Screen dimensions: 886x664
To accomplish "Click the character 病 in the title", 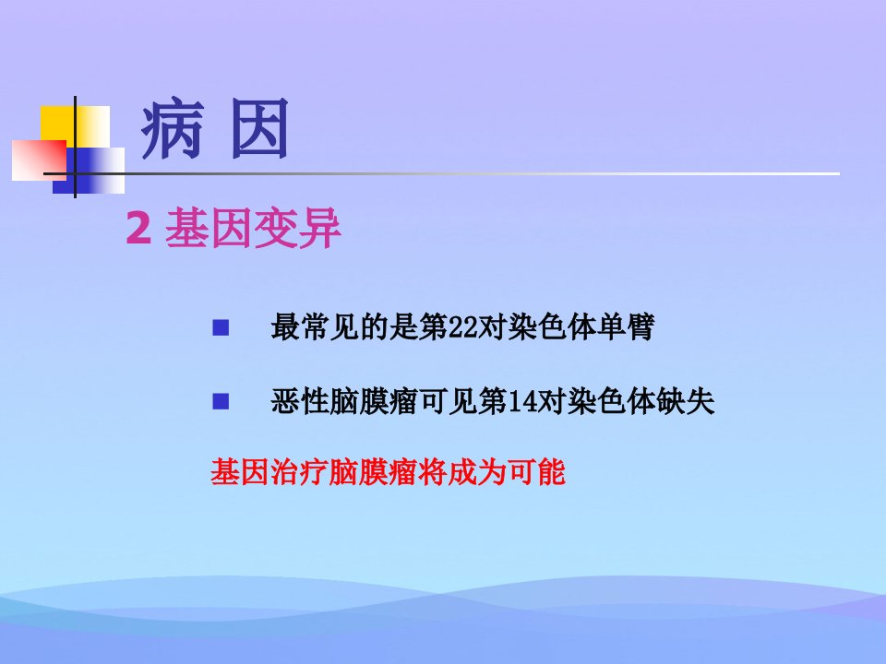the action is [x=173, y=128].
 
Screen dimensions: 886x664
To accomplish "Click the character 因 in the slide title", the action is [x=260, y=128].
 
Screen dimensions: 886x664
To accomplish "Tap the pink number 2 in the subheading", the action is [x=138, y=228].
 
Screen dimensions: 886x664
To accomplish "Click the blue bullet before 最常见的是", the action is [x=221, y=327].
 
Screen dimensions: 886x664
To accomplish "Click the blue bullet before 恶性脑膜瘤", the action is [x=221, y=401].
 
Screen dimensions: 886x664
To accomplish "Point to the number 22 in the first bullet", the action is [x=463, y=327].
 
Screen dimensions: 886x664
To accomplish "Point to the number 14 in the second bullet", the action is [x=523, y=402].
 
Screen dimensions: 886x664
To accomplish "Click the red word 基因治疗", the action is [x=269, y=472].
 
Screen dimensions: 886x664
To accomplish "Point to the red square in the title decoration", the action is [x=39, y=160].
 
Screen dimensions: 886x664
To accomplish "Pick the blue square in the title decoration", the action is [x=89, y=171].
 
